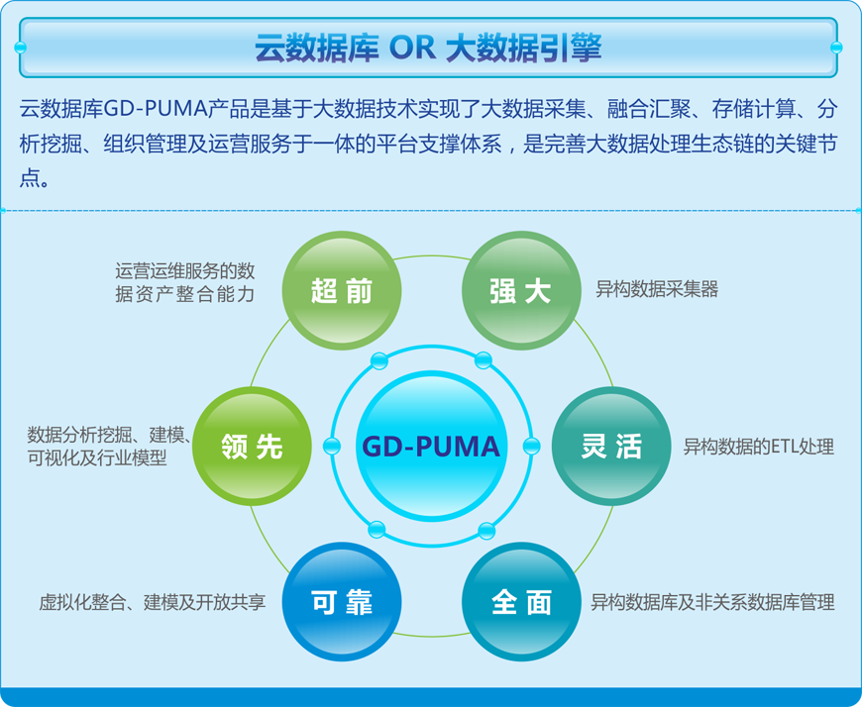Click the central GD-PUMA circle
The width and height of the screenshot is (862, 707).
432,446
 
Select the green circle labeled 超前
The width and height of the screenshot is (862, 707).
342,290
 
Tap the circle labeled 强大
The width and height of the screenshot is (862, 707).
521,290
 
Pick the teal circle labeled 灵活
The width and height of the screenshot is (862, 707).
611,446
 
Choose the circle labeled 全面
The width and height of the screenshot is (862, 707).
521,602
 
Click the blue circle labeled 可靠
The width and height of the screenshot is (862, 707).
342,602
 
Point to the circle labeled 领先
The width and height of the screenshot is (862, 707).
252,446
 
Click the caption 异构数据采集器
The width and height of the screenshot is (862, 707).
657,289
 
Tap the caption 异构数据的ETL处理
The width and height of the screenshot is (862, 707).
759,447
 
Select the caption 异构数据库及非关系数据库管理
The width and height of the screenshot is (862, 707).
712,602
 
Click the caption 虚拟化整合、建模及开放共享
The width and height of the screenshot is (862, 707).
153,602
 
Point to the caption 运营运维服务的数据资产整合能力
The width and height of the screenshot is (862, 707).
185,283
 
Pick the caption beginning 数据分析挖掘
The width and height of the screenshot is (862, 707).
109,446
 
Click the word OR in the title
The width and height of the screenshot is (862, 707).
412,48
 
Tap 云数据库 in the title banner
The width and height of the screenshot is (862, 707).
317,48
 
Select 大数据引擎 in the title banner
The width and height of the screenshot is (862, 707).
523,48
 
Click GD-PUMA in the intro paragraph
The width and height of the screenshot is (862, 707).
155,109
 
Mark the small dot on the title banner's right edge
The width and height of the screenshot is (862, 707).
836,48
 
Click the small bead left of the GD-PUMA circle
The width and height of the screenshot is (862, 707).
332,446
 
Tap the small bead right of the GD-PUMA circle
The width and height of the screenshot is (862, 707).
531,446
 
